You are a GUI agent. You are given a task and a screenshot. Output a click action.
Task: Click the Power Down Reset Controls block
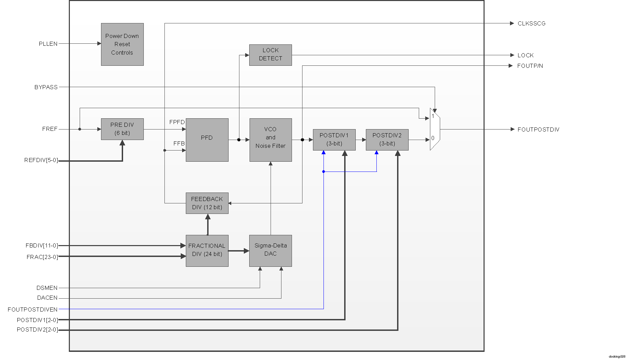[x=122, y=44]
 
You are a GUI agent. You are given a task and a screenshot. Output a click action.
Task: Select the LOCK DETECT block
[x=270, y=55]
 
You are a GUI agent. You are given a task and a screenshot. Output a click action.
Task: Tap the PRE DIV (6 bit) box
[x=122, y=129]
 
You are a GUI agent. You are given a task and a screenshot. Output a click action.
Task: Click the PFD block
[x=207, y=140]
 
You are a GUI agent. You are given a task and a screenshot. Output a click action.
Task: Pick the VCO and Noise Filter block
[x=270, y=140]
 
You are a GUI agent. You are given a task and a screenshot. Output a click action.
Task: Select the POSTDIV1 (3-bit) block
[x=334, y=140]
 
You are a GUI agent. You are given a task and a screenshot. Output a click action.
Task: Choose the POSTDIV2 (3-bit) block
[x=387, y=140]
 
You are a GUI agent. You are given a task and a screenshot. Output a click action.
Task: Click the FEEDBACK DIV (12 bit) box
[x=207, y=203]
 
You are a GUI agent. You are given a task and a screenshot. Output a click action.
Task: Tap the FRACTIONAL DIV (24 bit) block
[x=207, y=251]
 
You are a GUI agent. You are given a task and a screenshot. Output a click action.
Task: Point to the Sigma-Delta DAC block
[x=270, y=251]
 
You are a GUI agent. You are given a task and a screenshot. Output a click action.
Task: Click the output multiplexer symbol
[x=435, y=129]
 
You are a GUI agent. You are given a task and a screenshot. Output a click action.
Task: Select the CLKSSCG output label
[x=531, y=23]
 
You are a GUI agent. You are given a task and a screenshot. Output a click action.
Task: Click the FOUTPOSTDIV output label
[x=538, y=129]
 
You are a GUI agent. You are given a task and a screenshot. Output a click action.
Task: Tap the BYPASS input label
[x=46, y=87]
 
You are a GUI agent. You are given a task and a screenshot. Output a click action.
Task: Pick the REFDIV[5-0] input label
[x=41, y=160]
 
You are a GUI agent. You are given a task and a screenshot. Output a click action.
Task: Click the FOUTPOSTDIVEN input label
[x=33, y=309]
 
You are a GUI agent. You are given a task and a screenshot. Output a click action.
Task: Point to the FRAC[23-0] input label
[x=42, y=257]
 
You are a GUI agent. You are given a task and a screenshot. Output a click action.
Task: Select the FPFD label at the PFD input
[x=177, y=122]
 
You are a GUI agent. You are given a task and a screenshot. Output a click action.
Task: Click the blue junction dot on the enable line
[x=323, y=172]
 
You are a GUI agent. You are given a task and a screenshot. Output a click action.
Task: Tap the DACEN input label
[x=47, y=298]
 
